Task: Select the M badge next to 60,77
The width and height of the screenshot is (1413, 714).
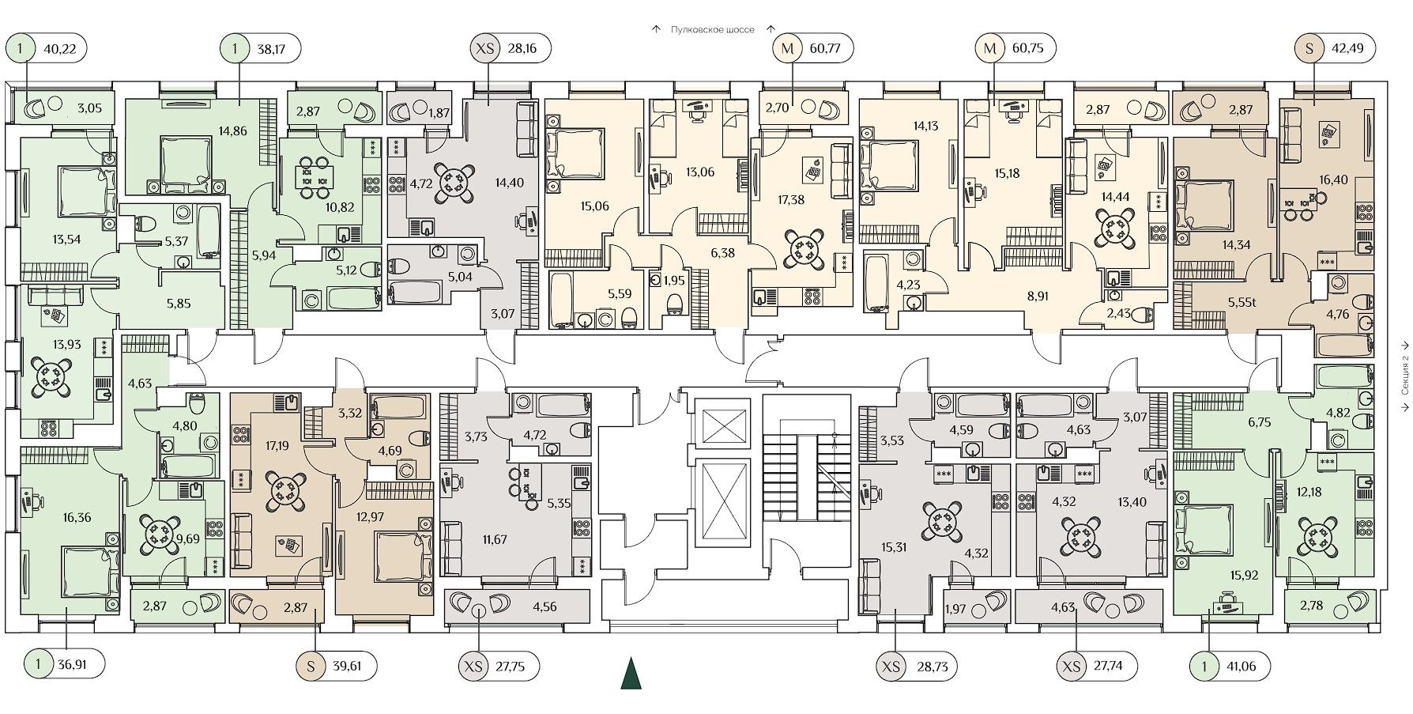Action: [786, 49]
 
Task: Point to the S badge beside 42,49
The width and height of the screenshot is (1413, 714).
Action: [1309, 49]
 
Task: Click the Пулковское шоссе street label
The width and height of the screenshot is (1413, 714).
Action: [712, 30]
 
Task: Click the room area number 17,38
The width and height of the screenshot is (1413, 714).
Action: [791, 200]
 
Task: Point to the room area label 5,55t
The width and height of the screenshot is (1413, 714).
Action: [1242, 301]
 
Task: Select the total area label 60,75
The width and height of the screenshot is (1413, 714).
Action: [1027, 49]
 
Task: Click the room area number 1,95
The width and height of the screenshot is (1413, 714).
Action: [673, 281]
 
